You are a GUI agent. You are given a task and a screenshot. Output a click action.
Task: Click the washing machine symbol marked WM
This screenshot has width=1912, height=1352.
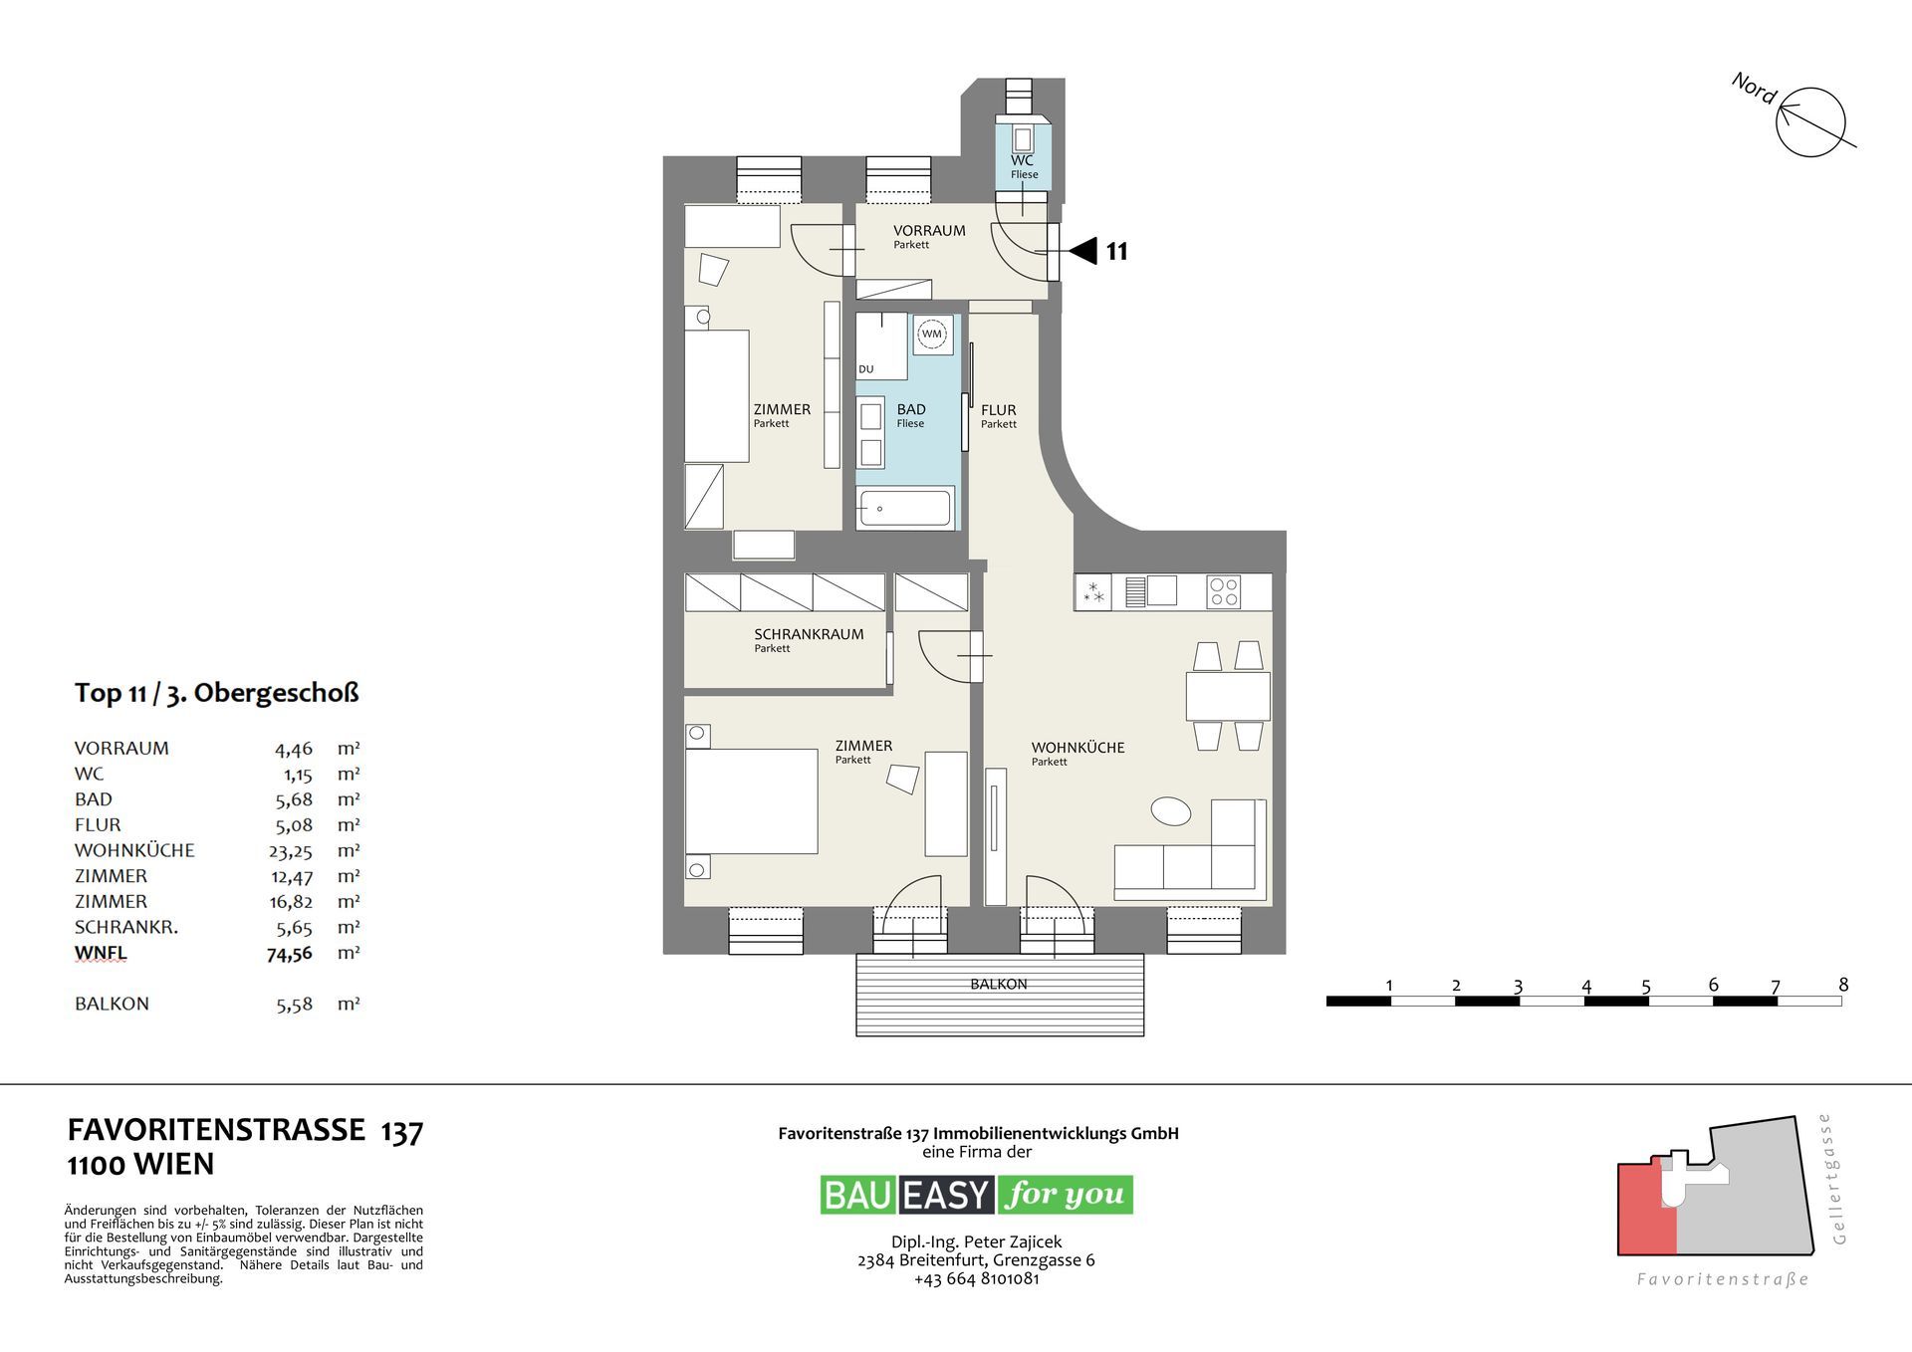[932, 335]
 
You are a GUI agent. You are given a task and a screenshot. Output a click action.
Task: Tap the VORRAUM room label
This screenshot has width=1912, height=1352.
[929, 231]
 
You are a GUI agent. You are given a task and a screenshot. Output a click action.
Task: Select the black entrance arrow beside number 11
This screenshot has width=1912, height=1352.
[1082, 250]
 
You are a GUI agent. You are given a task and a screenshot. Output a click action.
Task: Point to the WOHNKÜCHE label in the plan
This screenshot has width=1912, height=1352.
[1077, 748]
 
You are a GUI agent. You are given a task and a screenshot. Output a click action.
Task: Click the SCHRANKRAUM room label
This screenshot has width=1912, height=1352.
[809, 634]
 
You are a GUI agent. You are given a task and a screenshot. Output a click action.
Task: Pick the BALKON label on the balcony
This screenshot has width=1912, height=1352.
[999, 984]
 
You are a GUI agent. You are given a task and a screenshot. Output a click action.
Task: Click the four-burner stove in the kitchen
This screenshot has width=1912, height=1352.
[1223, 592]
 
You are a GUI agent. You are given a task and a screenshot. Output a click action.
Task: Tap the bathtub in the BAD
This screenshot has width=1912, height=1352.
[905, 508]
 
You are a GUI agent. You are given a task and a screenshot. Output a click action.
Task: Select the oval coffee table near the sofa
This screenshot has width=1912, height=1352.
[1171, 810]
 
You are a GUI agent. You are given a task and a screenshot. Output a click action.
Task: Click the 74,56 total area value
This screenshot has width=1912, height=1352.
[289, 954]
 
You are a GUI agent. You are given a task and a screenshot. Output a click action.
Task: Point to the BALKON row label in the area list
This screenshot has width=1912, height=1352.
[112, 1004]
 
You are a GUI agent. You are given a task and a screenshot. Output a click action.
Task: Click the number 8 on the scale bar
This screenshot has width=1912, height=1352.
[1843, 985]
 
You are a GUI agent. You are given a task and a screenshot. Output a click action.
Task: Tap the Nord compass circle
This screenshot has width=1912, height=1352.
[1811, 122]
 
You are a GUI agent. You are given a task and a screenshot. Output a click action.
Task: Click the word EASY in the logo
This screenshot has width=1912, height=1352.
[946, 1195]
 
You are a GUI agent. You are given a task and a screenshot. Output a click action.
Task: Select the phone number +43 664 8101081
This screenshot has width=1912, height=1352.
[976, 1278]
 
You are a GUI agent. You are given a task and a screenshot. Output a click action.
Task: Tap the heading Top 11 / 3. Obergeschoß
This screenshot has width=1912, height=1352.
[216, 693]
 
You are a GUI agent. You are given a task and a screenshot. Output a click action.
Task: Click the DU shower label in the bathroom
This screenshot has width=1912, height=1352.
[866, 369]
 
